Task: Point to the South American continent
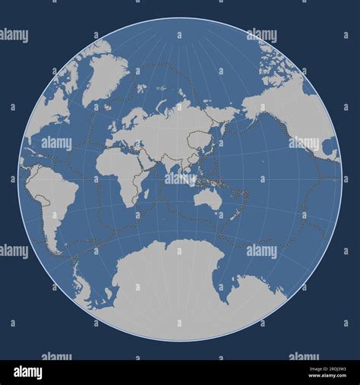49,194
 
